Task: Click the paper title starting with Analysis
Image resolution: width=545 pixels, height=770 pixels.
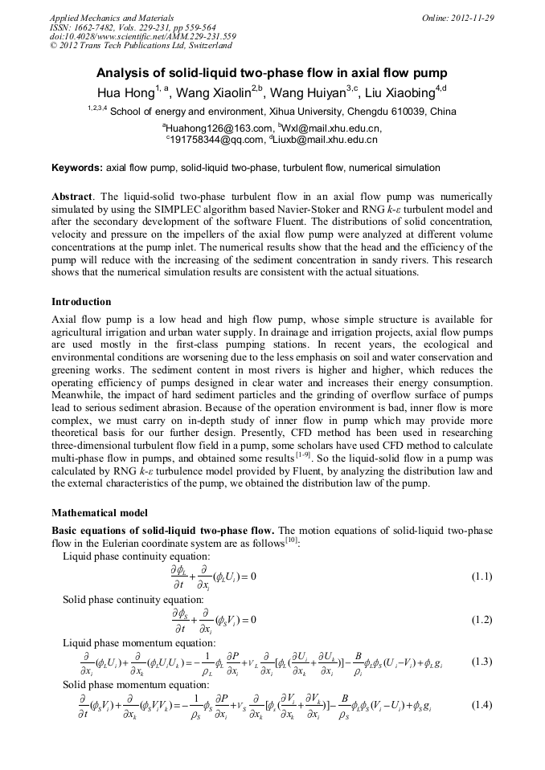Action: (272, 71)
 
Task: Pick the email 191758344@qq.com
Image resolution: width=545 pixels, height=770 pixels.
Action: (217, 139)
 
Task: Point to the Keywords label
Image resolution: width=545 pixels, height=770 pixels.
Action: (76, 168)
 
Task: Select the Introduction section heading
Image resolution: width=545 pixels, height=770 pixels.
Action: (81, 302)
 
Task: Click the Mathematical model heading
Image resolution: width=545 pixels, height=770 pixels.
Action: (99, 511)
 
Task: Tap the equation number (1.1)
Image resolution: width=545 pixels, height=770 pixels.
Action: (481, 576)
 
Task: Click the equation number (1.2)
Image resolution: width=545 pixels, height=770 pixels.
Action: (481, 619)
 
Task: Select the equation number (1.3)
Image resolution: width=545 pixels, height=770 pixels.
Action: (481, 662)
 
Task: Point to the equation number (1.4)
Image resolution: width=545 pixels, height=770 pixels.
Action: (481, 705)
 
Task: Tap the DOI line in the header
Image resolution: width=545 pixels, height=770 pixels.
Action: (143, 36)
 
